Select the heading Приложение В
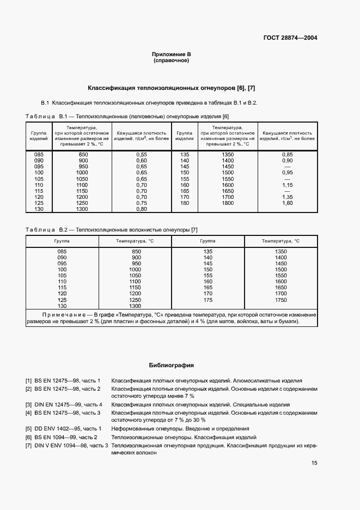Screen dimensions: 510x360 click(171, 55)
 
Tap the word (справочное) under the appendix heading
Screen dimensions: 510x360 click(171, 61)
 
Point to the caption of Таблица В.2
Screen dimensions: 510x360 click(112, 230)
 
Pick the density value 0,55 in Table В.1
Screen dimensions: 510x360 click(141, 155)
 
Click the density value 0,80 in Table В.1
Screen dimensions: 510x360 click(141, 209)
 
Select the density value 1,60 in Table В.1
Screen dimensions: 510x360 click(287, 203)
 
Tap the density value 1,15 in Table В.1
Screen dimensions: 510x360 click(287, 185)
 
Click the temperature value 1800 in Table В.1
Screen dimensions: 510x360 click(228, 203)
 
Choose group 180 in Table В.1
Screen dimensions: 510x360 click(184, 203)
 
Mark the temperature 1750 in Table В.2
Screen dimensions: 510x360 click(280, 299)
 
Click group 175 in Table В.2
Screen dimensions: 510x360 click(208, 299)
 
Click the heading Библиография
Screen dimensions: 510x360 click(172, 366)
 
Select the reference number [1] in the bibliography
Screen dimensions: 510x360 click(28, 380)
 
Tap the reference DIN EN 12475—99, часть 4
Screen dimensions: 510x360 click(68, 405)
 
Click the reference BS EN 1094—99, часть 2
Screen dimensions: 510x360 click(66, 437)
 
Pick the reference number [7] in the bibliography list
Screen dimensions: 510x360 click(28, 445)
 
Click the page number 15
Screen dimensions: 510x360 click(314, 463)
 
